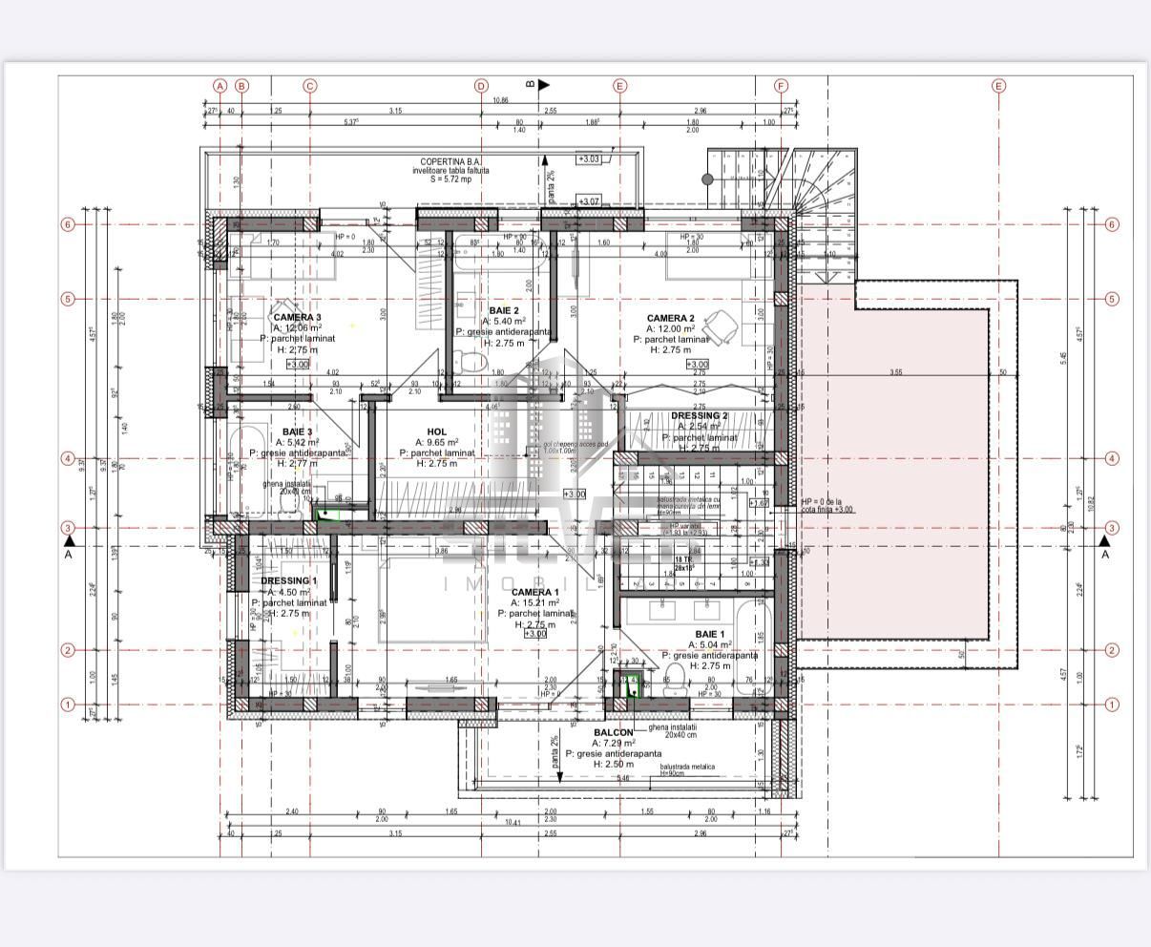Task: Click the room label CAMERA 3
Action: tap(297, 317)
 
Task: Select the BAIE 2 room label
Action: tap(504, 310)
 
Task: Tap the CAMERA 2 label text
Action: tap(670, 318)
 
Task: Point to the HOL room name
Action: tap(437, 431)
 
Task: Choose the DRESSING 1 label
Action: tap(288, 580)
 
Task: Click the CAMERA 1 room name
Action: tap(535, 592)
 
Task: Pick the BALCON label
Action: tap(613, 732)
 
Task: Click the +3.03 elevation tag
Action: tap(588, 159)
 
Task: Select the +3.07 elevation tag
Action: tap(588, 201)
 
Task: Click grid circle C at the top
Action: tap(309, 86)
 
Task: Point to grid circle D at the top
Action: tap(481, 86)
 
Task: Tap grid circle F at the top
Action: tap(781, 86)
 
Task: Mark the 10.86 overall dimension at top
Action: tap(500, 100)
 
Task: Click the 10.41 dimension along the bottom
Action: tap(513, 822)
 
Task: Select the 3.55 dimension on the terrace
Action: tap(894, 372)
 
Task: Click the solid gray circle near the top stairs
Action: tap(707, 179)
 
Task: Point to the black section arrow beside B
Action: tap(544, 85)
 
